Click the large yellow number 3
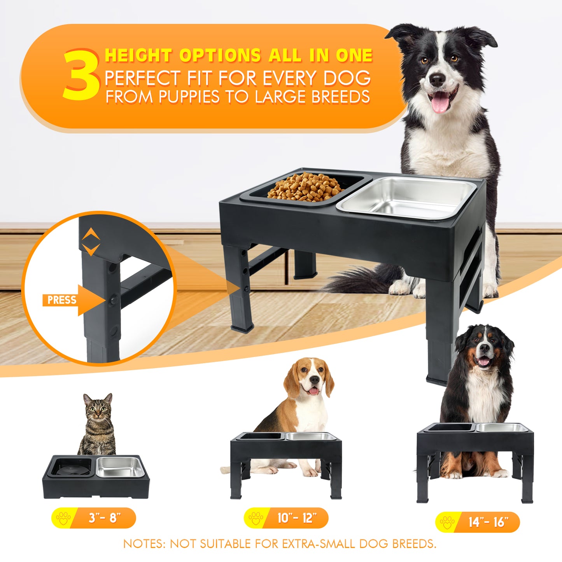pyautogui.click(x=81, y=75)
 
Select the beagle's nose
pyautogui.click(x=314, y=380)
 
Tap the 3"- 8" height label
pyautogui.click(x=94, y=518)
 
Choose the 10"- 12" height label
pyautogui.click(x=286, y=518)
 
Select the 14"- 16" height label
pyautogui.click(x=478, y=522)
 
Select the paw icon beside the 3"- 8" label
pyautogui.click(x=63, y=518)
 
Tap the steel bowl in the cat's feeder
pyautogui.click(x=121, y=467)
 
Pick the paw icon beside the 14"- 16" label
pyautogui.click(x=447, y=522)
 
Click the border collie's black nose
pyautogui.click(x=438, y=79)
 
